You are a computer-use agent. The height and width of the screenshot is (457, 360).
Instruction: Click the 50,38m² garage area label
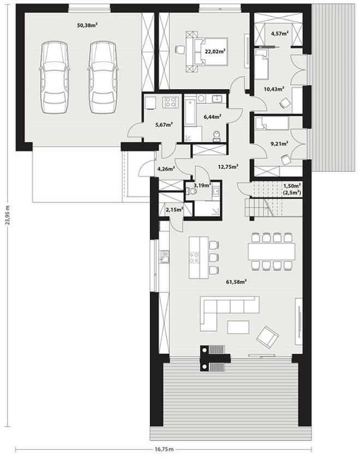tap(87, 25)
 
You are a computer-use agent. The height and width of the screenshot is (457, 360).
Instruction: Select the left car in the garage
tap(54, 77)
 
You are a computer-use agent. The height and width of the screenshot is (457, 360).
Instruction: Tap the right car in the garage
tap(103, 77)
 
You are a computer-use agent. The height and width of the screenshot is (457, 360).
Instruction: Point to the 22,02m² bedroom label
tap(215, 52)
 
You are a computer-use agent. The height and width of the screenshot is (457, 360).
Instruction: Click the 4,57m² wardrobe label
tap(280, 33)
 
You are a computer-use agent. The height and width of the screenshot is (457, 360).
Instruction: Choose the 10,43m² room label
tap(274, 89)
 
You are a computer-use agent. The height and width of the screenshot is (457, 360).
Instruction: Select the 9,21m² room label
tap(279, 143)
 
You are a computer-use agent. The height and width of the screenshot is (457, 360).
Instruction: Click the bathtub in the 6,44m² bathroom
tap(190, 112)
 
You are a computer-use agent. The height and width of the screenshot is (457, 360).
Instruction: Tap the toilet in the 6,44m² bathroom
tap(217, 136)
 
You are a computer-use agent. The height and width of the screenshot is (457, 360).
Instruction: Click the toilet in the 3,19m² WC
tap(191, 191)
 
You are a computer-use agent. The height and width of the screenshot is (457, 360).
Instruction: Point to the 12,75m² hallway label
tap(229, 167)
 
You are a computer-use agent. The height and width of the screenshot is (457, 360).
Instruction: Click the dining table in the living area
tap(272, 251)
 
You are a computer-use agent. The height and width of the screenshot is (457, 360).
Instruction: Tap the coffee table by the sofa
tap(238, 327)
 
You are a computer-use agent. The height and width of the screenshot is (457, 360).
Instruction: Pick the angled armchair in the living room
tap(267, 337)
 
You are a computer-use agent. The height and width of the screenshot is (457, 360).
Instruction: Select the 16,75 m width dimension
tap(164, 449)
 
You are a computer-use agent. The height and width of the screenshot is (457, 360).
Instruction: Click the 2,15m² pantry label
tap(175, 209)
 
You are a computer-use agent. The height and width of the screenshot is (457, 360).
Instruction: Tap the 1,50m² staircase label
tap(292, 185)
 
